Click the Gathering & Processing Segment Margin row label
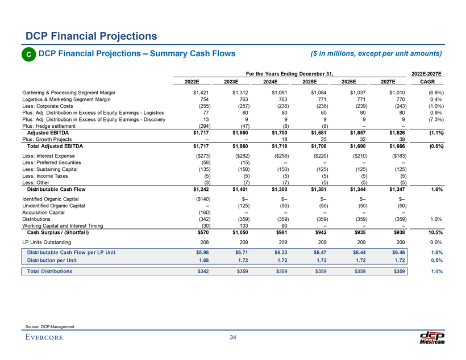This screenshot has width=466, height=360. (x=69, y=92)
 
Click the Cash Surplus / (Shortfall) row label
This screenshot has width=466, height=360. (x=59, y=232)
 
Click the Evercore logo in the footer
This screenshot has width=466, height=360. (x=44, y=339)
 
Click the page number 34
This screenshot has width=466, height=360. (x=233, y=339)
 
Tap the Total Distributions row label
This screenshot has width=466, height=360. (x=50, y=271)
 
